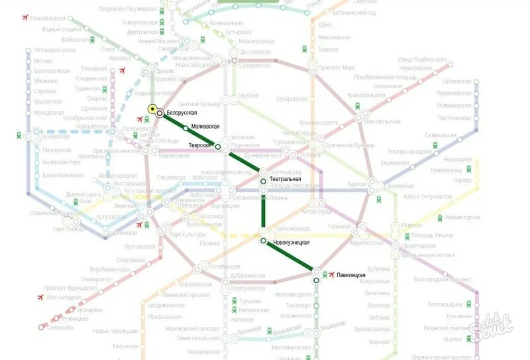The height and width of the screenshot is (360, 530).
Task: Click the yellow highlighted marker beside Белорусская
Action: pos(152,109)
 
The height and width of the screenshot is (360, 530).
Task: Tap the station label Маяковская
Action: pos(205,127)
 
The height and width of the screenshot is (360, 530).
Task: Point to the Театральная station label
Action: pos(286,180)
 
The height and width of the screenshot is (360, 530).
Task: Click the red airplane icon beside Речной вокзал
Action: pos(25,18)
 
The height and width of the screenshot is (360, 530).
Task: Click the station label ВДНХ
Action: pos(325,25)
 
